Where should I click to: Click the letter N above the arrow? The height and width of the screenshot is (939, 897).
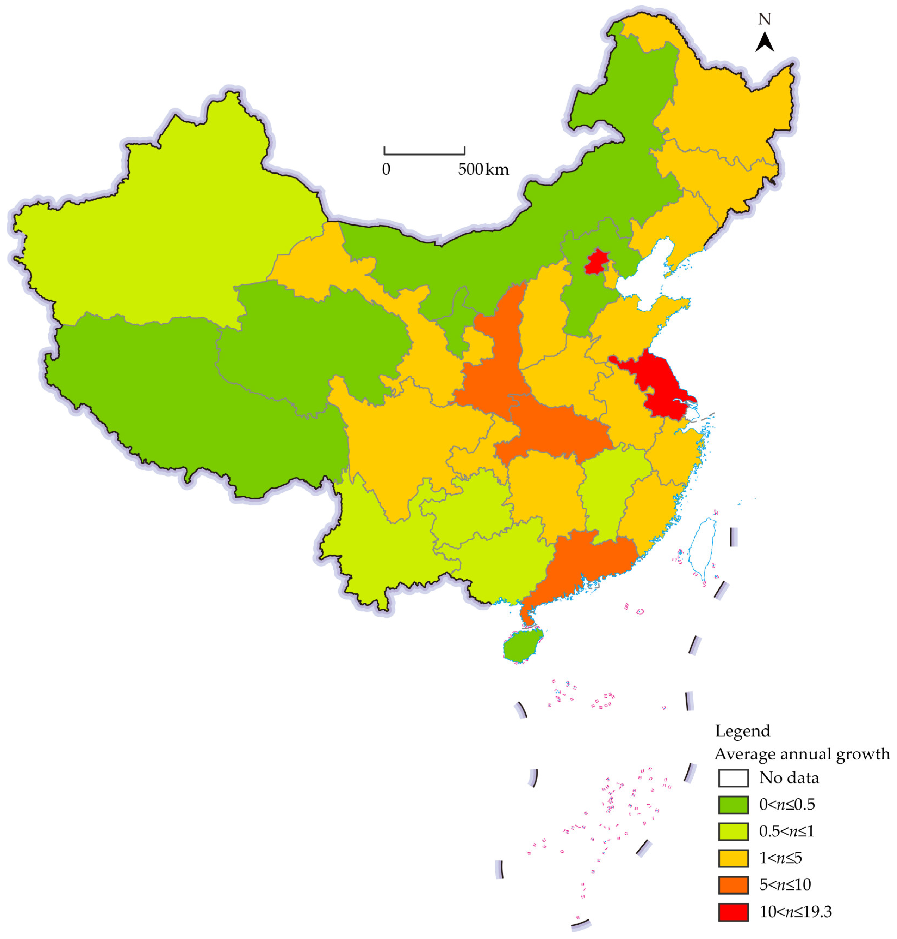(x=764, y=19)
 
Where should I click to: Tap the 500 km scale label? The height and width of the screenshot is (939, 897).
(x=483, y=169)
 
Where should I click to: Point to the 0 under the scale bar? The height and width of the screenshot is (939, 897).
(x=386, y=169)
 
